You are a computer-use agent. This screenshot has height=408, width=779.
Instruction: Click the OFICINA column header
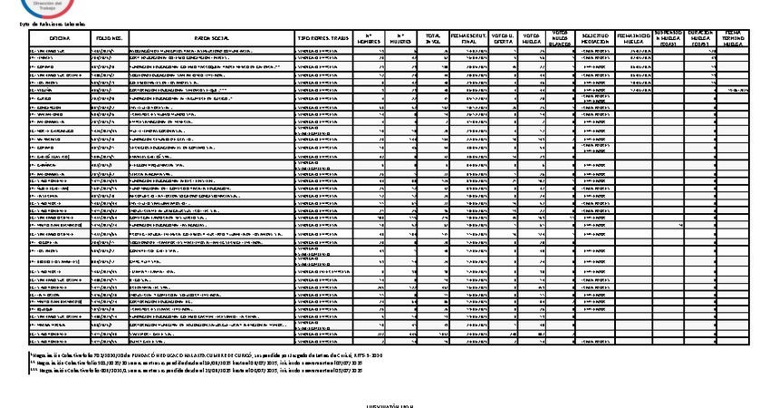pos(60,39)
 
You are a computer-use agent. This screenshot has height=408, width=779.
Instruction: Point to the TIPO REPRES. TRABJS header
pos(322,39)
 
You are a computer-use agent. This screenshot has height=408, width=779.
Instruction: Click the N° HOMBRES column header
pos(369,39)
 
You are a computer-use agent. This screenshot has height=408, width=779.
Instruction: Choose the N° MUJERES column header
pos(400,39)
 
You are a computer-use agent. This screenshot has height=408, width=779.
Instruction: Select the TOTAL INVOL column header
pos(434,39)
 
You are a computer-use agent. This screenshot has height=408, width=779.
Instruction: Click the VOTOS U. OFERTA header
pos(507,39)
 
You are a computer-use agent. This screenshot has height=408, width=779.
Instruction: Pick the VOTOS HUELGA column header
pos(533,39)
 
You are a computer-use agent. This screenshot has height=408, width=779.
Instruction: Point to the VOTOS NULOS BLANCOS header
pos(560,39)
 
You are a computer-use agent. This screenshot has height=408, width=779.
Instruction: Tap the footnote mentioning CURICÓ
pos(208,355)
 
